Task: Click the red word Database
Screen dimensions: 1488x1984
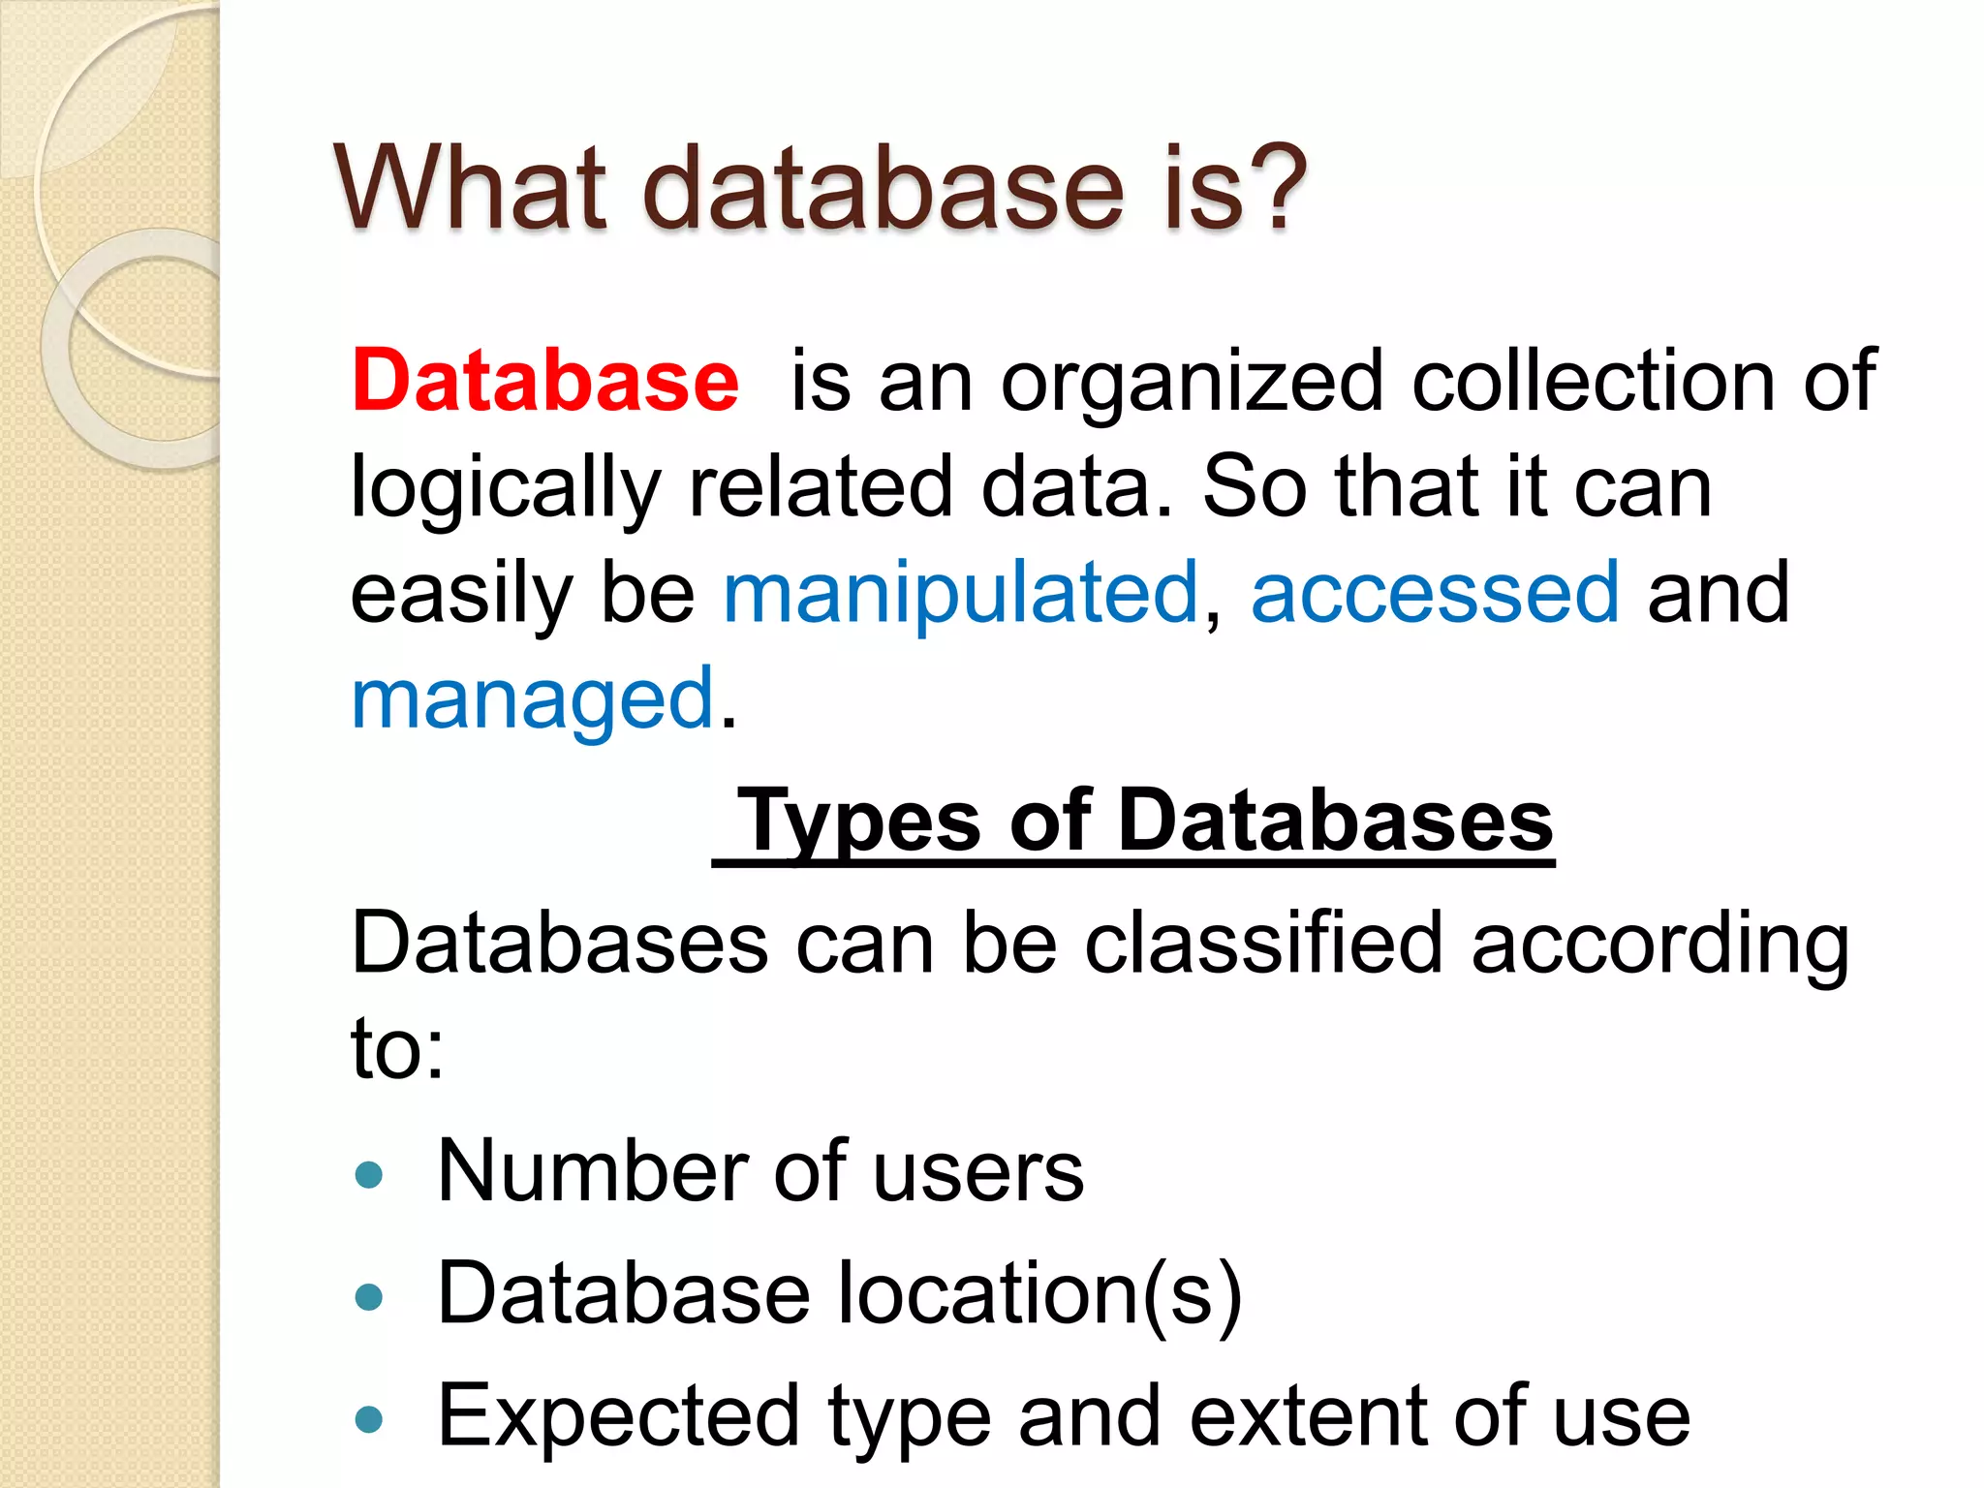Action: click(545, 381)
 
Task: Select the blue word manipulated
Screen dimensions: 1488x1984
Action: click(961, 593)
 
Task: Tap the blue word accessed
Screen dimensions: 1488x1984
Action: click(1435, 593)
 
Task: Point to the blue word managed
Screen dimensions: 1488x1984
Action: click(533, 699)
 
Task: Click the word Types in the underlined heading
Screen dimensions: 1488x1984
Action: click(860, 822)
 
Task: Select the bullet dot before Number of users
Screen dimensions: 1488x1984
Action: click(369, 1175)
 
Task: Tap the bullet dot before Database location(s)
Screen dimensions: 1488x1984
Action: click(369, 1297)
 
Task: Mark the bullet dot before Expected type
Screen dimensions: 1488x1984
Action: click(369, 1419)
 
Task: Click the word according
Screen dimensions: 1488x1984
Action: click(1659, 945)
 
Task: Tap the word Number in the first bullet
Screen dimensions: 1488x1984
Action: click(593, 1172)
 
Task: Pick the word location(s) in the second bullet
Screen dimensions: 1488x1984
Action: click(1038, 1294)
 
